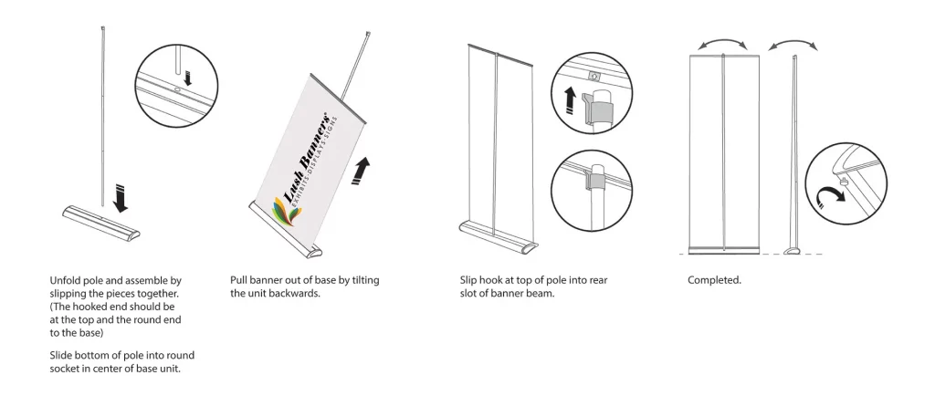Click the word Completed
(714, 280)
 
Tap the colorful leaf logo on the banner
(285, 211)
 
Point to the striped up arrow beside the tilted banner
(361, 171)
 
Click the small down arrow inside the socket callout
(186, 78)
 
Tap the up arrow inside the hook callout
(570, 100)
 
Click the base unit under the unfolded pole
(100, 222)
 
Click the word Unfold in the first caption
(64, 280)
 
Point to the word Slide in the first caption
(61, 356)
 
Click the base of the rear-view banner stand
(498, 235)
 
